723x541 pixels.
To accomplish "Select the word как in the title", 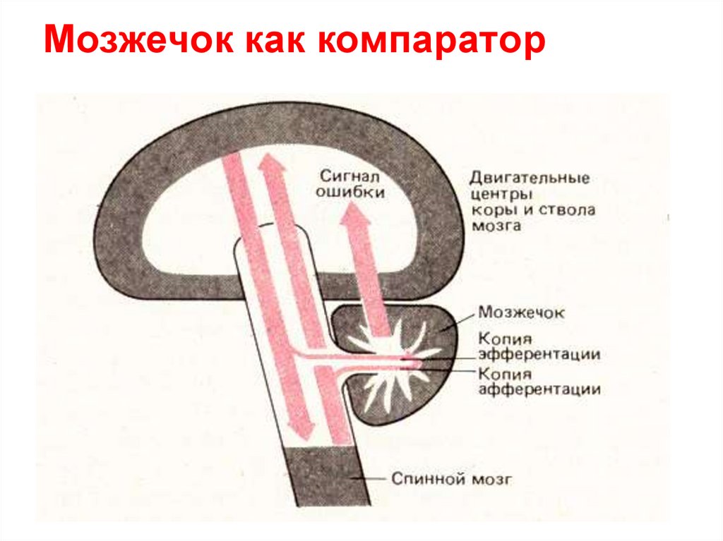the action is pyautogui.click(x=276, y=44).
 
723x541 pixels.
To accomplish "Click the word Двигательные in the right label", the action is pyautogui.click(x=529, y=178).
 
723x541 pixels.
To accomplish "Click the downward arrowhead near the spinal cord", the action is pyautogui.click(x=301, y=434).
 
